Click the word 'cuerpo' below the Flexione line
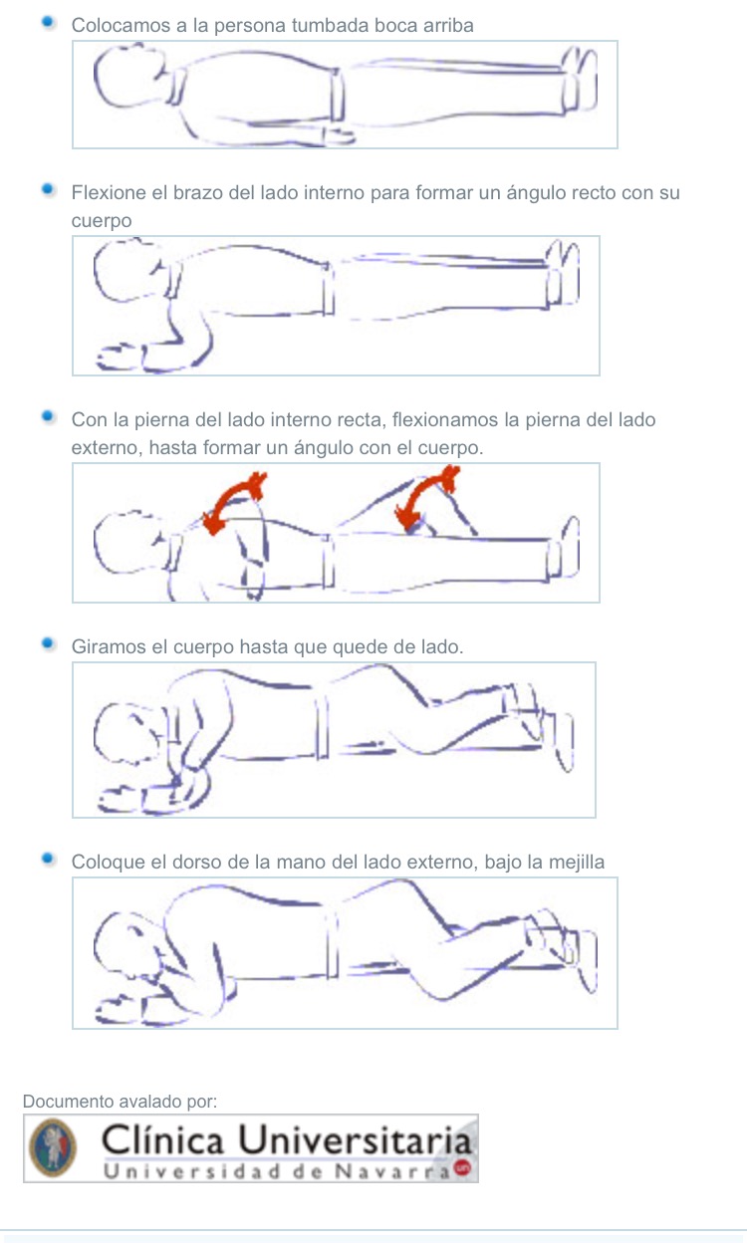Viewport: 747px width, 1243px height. [x=102, y=221]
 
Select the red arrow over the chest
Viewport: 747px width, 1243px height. [x=232, y=502]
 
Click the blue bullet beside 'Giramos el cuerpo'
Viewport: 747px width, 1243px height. [x=48, y=643]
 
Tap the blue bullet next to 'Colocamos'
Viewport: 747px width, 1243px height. [x=48, y=22]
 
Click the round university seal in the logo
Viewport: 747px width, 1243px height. [x=53, y=1148]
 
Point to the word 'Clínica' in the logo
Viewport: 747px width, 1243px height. [x=162, y=1140]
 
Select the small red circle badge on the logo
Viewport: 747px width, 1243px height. [x=462, y=1167]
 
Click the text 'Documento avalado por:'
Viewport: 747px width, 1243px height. [x=120, y=1102]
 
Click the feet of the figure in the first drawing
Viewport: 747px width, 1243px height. [x=579, y=80]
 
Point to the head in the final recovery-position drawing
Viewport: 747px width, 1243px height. [x=128, y=944]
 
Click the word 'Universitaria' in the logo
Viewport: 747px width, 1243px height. [x=355, y=1140]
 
